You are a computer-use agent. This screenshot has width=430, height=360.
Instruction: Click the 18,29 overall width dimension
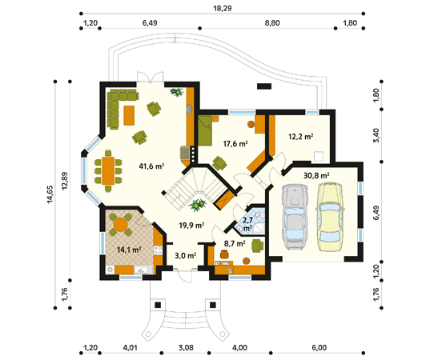pyautogui.click(x=223, y=8)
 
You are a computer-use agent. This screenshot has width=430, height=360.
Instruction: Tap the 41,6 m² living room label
pyautogui.click(x=151, y=166)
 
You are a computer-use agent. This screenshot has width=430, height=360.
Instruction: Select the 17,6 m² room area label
pyautogui.click(x=235, y=143)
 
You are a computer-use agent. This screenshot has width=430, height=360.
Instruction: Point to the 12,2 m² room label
pyautogui.click(x=301, y=136)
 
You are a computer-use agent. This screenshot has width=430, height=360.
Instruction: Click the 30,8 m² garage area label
pyautogui.click(x=316, y=175)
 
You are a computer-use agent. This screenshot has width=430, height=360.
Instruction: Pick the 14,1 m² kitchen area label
pyautogui.click(x=129, y=250)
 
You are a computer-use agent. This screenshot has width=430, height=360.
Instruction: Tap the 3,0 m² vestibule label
pyautogui.click(x=186, y=256)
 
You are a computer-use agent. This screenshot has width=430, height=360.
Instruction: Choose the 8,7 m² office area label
pyautogui.click(x=235, y=243)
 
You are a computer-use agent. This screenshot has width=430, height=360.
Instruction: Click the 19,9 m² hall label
pyautogui.click(x=191, y=226)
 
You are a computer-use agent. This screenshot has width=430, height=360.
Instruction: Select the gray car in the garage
pyautogui.click(x=295, y=217)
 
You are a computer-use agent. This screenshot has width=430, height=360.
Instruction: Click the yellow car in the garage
pyautogui.click(x=330, y=217)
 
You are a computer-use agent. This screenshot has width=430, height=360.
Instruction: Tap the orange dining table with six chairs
pyautogui.click(x=108, y=170)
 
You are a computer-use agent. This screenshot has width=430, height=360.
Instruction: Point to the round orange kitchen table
pyautogui.click(x=121, y=224)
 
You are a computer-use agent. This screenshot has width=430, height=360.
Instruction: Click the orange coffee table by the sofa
pyautogui.click(x=129, y=115)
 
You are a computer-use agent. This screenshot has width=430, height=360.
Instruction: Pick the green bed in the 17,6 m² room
pyautogui.click(x=205, y=130)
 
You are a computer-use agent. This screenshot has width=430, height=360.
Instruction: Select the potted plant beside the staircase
pyautogui.click(x=197, y=205)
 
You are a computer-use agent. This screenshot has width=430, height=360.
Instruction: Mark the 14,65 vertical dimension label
pyautogui.click(x=50, y=194)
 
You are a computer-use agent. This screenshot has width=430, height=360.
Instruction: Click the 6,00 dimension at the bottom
pyautogui.click(x=319, y=348)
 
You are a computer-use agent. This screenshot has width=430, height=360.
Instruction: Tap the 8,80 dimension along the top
pyautogui.click(x=272, y=22)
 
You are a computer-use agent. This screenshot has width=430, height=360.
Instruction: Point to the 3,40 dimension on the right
pyautogui.click(x=376, y=135)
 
